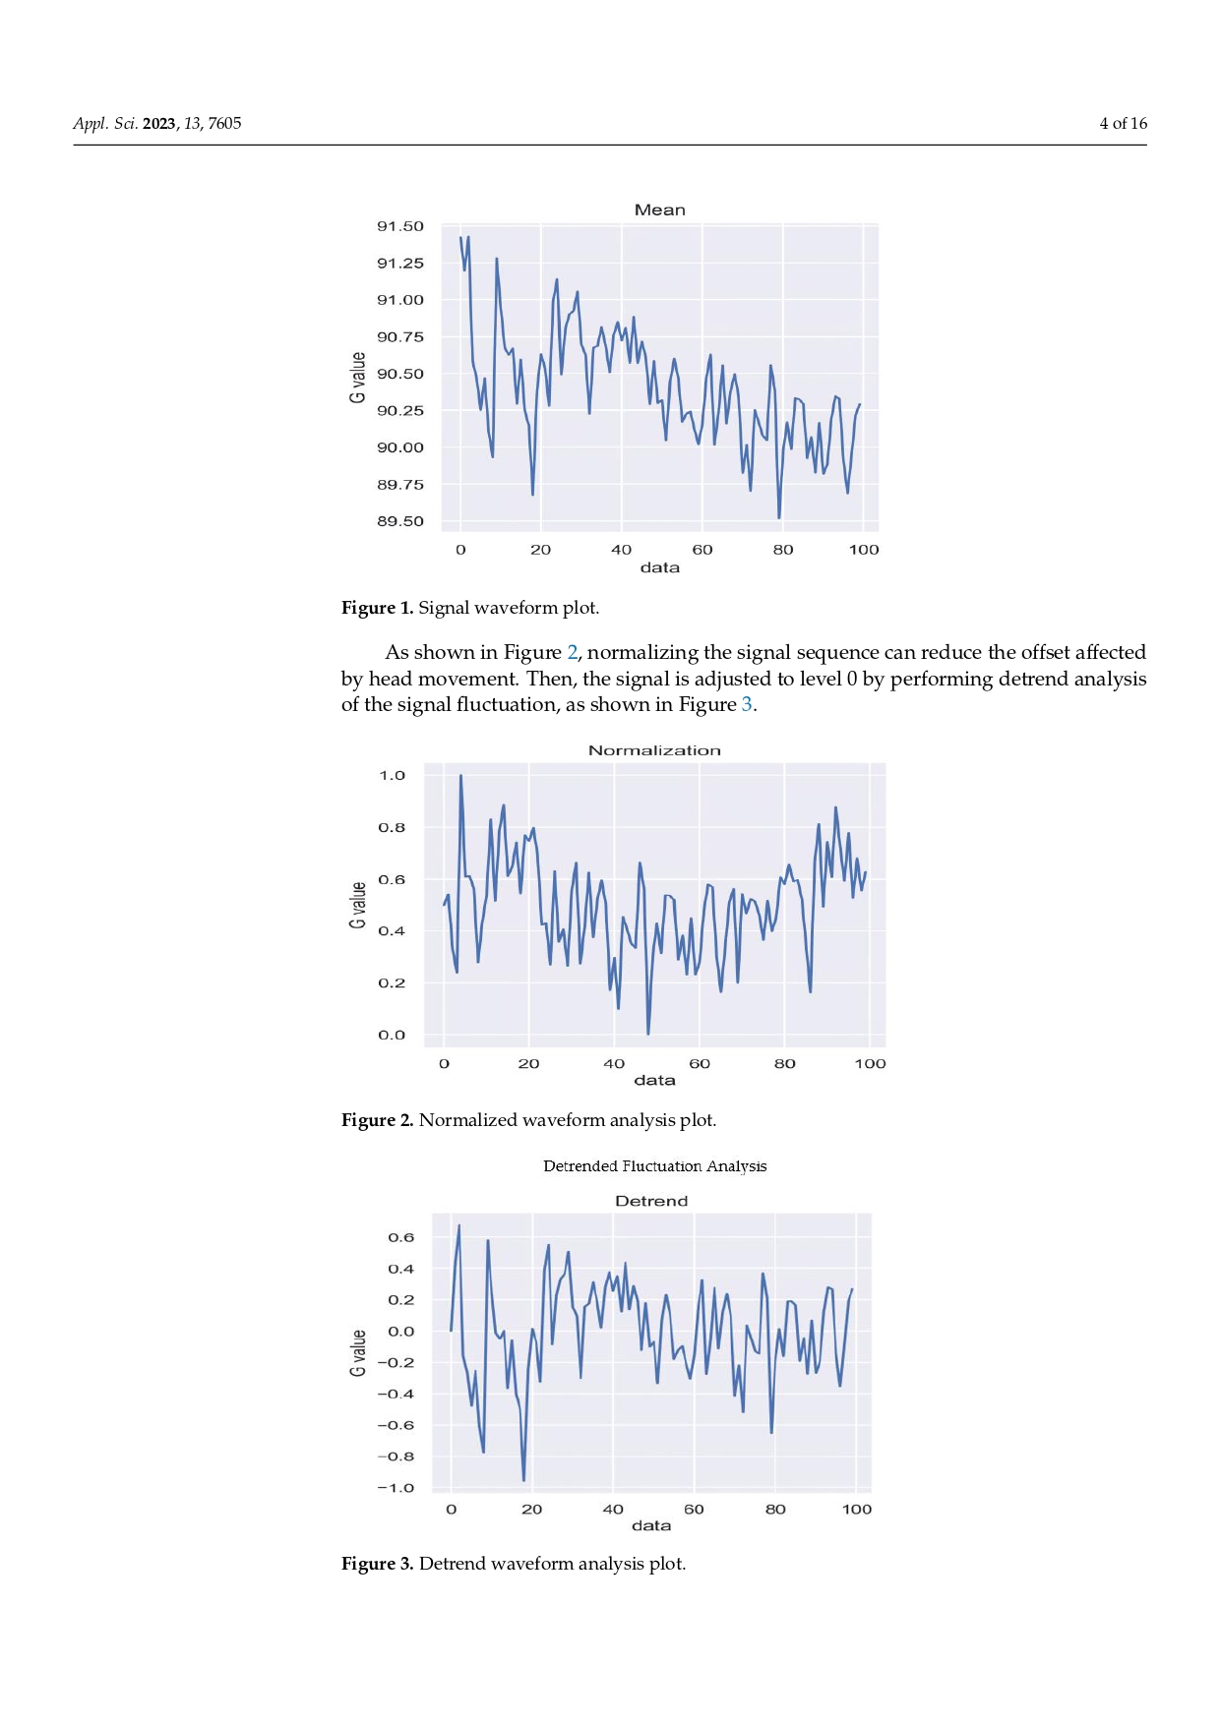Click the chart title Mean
[659, 210]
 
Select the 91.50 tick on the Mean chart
[399, 226]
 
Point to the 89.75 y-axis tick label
[399, 485]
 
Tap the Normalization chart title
[654, 750]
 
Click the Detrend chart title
[651, 1201]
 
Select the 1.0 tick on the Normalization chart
[392, 776]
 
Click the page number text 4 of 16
[1123, 123]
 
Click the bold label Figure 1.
[377, 608]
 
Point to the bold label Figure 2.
[377, 1120]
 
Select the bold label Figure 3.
[377, 1564]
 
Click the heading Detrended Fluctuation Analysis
[654, 1166]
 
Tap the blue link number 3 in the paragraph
[747, 704]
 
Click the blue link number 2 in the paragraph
[572, 652]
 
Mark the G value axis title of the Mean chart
[357, 378]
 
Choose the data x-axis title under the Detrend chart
[651, 1525]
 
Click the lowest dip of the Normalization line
[647, 1033]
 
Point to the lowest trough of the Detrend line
[523, 1479]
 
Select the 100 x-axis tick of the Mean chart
[863, 550]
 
